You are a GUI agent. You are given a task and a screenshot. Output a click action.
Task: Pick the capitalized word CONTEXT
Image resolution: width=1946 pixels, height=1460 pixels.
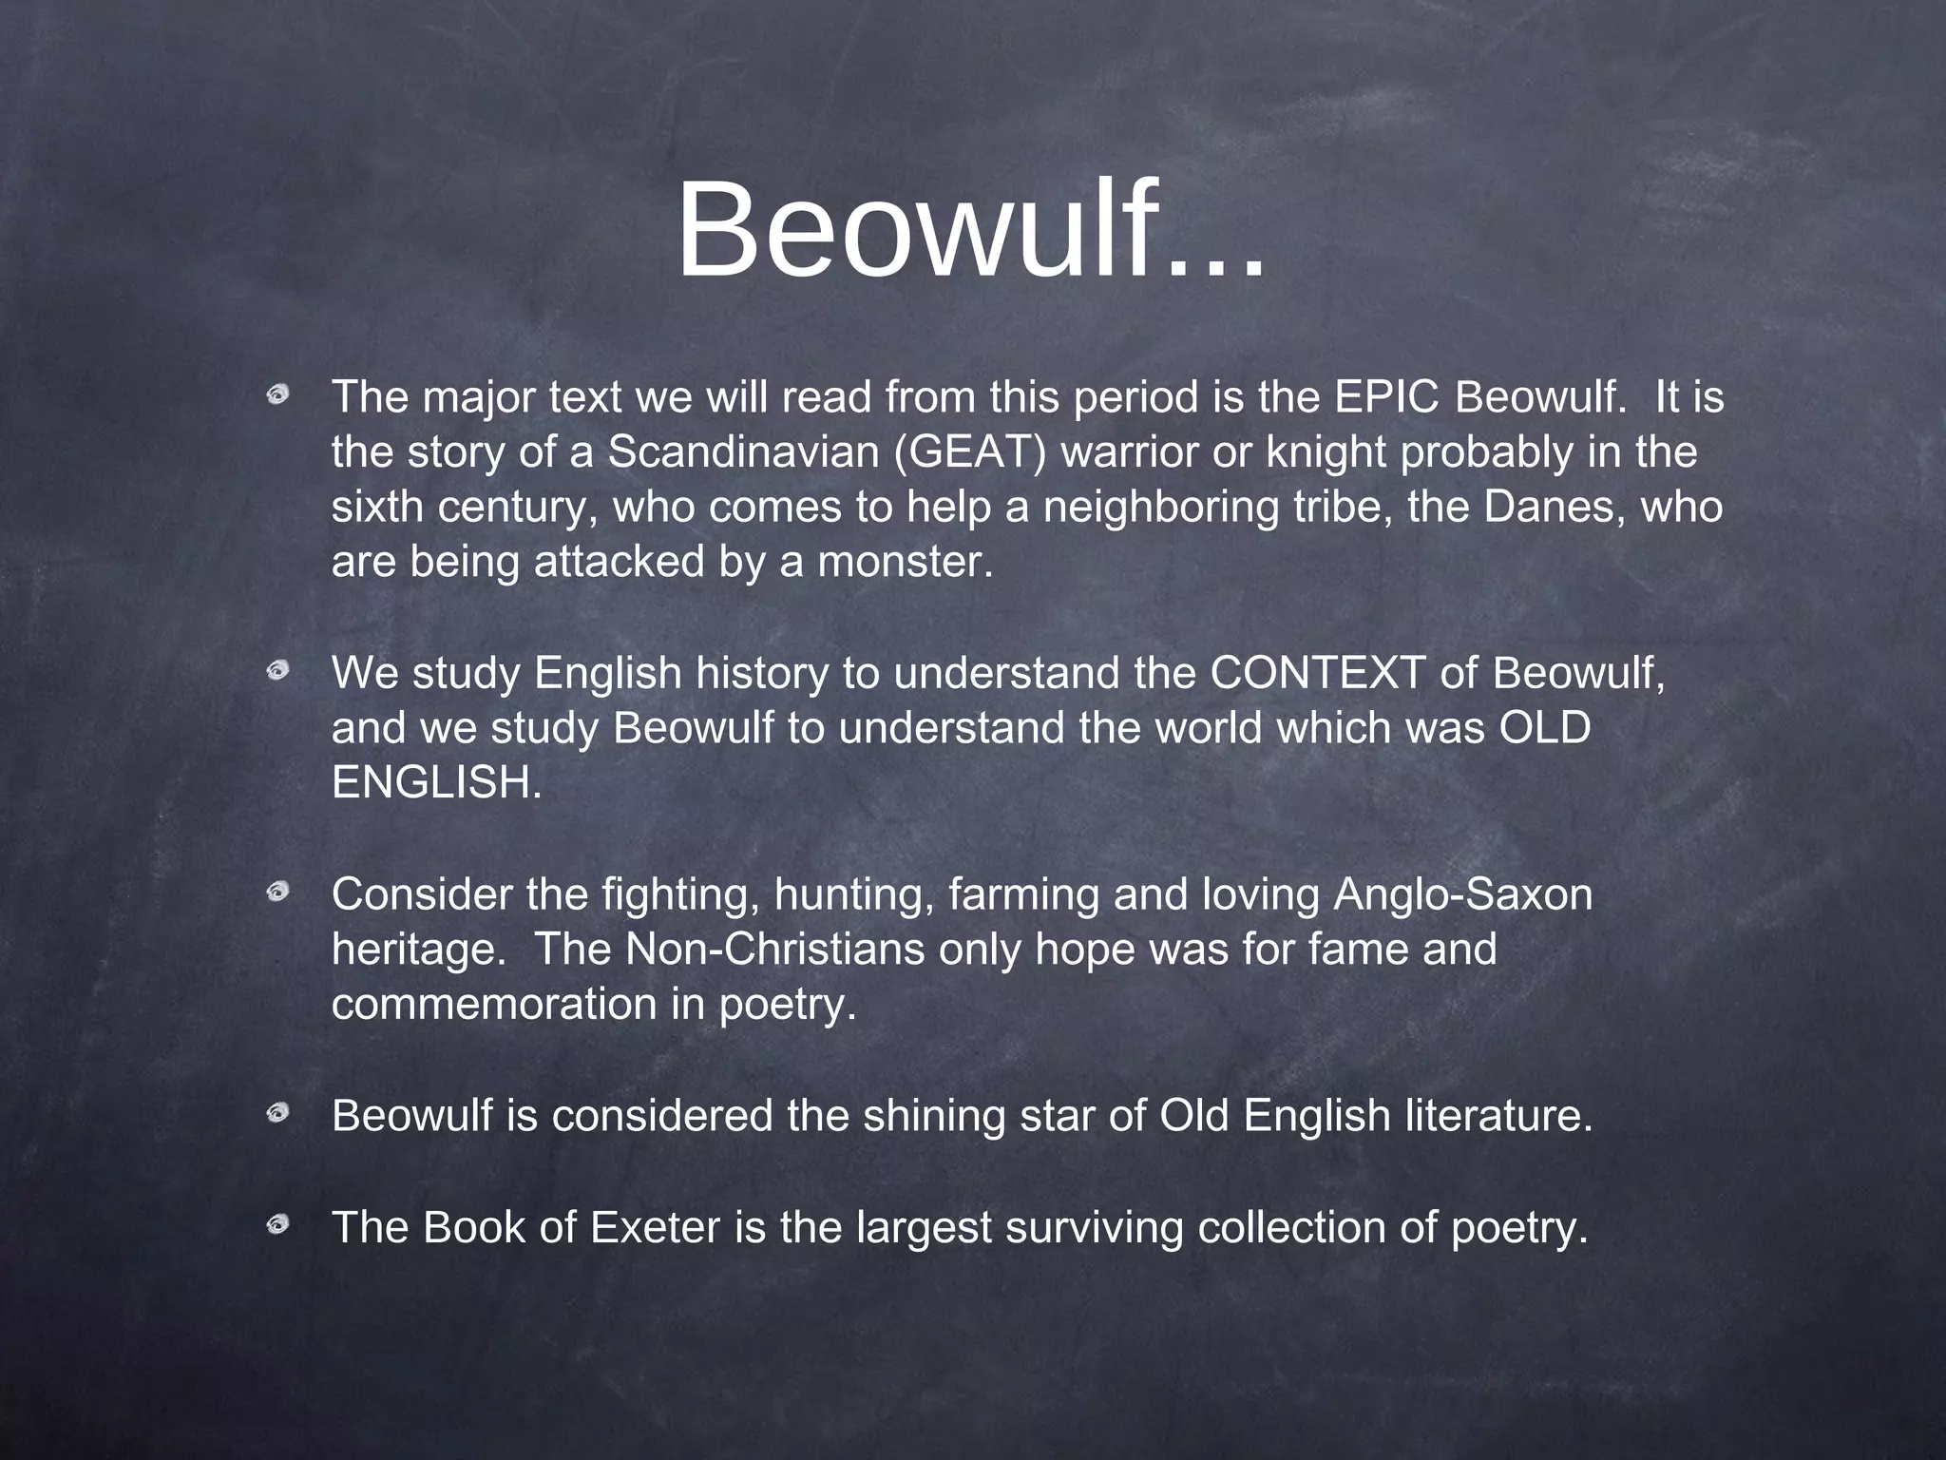[1317, 674]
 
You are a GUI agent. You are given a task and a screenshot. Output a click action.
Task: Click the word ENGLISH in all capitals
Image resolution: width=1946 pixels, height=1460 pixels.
[436, 784]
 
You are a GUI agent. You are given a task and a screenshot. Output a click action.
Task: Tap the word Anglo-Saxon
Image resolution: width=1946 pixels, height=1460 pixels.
[1462, 895]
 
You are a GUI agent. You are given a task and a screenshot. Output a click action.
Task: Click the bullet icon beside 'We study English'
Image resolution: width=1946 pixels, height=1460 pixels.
[277, 672]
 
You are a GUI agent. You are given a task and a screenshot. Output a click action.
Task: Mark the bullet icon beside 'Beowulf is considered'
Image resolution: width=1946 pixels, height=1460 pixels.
[277, 1113]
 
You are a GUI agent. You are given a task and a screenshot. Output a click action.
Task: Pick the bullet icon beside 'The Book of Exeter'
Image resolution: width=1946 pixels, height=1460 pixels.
[277, 1224]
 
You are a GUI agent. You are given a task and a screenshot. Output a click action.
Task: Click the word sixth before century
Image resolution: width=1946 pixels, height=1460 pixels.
[377, 508]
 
